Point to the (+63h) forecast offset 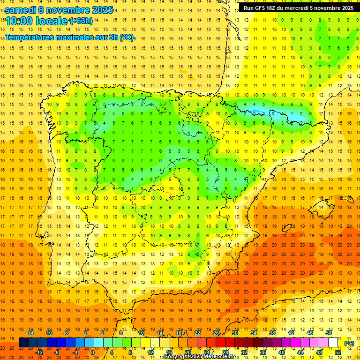81,21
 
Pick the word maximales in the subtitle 78,37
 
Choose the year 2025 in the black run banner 347,8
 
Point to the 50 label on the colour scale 329,333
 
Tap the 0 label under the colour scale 93,352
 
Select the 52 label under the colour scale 338,352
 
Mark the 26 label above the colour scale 216,333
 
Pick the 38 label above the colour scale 272,333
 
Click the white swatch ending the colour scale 333,343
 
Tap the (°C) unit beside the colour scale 349,343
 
